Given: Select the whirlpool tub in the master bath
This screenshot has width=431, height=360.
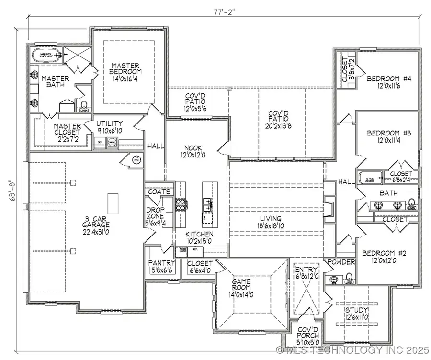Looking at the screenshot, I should (x=46, y=55).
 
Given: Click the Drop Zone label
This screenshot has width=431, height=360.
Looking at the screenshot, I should (x=156, y=216).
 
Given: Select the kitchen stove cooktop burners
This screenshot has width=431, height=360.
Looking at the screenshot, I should (x=181, y=205).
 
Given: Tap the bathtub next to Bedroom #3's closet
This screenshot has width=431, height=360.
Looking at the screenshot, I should (x=371, y=177).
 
